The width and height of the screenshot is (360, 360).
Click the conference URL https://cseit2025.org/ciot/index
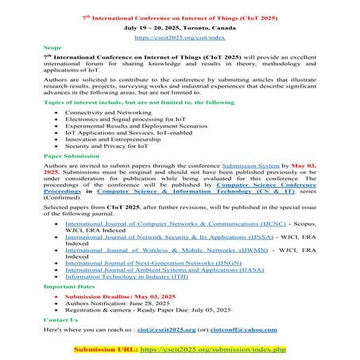[180, 37]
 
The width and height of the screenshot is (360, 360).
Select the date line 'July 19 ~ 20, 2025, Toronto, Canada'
[180, 26]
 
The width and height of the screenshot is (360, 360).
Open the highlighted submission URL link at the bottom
[211, 349]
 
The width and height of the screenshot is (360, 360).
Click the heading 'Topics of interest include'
[119, 103]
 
